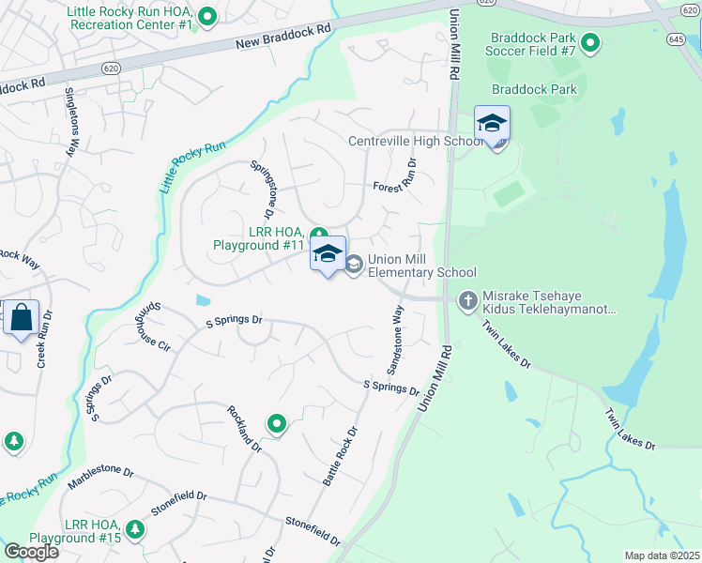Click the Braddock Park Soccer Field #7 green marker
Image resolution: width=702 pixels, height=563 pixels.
pyautogui.click(x=590, y=42)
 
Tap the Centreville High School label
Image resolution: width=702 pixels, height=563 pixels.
pyautogui.click(x=415, y=142)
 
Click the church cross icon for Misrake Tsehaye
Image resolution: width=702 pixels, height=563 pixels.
pyautogui.click(x=467, y=301)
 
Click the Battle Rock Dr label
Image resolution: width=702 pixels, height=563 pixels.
pyautogui.click(x=341, y=458)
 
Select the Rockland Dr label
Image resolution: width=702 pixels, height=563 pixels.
pyautogui.click(x=241, y=431)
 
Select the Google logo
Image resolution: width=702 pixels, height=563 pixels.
pyautogui.click(x=31, y=551)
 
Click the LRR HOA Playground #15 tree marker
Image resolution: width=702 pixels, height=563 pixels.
pyautogui.click(x=136, y=530)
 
